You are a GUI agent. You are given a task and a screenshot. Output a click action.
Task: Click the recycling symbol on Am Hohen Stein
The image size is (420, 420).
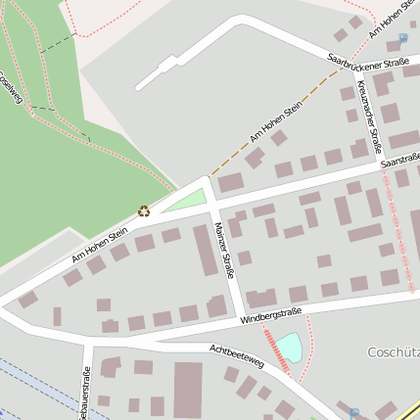(144, 210)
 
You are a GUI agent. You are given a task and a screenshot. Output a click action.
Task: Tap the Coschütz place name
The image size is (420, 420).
(393, 351)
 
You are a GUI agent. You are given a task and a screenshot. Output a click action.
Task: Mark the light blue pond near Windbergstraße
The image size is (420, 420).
(289, 346)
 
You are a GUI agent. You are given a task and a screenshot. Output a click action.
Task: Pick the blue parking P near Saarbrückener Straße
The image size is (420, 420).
(402, 39)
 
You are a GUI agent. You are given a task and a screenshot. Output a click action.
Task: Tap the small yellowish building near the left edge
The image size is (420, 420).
(58, 316)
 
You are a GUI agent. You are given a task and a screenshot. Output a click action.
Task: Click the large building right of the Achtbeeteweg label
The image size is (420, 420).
(188, 390)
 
